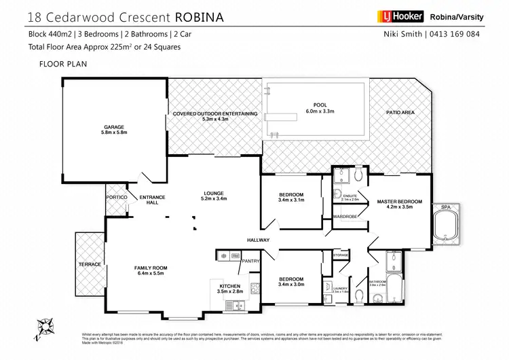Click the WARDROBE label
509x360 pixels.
(x=345, y=217)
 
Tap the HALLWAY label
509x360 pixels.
(x=259, y=240)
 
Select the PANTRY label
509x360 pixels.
(x=251, y=260)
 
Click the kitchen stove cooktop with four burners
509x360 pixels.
(x=255, y=288)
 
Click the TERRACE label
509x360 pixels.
(x=90, y=264)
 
